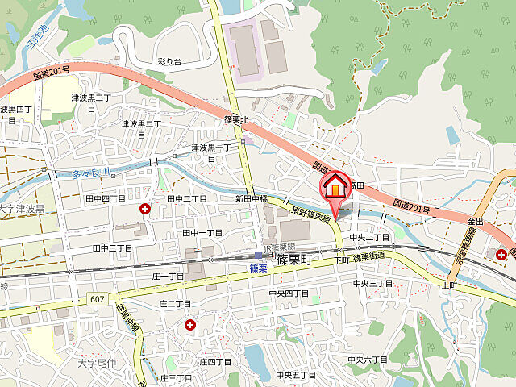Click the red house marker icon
[x=334, y=188]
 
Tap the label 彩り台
[x=169, y=62]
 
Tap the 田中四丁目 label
[x=106, y=198]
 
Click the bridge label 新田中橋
[x=252, y=198]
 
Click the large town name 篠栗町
[x=299, y=260]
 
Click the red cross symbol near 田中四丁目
[x=145, y=209]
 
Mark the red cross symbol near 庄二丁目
[x=190, y=325]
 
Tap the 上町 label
[x=448, y=286]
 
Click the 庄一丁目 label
[x=168, y=277]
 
